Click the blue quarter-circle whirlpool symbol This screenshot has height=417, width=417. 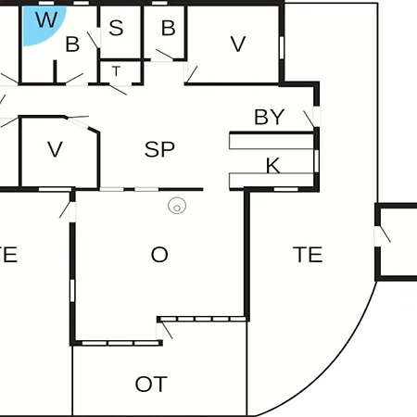pyautogui.click(x=40, y=23)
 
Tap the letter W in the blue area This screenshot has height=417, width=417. pyautogui.click(x=46, y=19)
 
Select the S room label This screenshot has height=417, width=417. pyautogui.click(x=116, y=28)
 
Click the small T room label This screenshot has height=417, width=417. pyautogui.click(x=116, y=71)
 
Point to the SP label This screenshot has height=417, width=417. pyautogui.click(x=159, y=149)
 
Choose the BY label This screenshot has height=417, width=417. pyautogui.click(x=269, y=117)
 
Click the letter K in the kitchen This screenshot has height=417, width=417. pyautogui.click(x=273, y=166)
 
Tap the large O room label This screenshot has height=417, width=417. pyautogui.click(x=159, y=255)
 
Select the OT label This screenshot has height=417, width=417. pyautogui.click(x=151, y=384)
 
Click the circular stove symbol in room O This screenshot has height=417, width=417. pyautogui.click(x=177, y=206)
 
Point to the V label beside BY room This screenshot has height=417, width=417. pyautogui.click(x=238, y=44)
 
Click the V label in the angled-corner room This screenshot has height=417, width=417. pyautogui.click(x=55, y=149)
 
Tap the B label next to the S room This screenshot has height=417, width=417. pyautogui.click(x=169, y=28)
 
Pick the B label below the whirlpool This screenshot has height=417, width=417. pyautogui.click(x=72, y=44)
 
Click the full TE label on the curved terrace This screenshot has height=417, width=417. pyautogui.click(x=308, y=255)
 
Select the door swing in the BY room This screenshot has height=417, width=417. pyautogui.click(x=309, y=120)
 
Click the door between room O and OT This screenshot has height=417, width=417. pyautogui.click(x=164, y=330)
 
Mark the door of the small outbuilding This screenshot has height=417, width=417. pyautogui.click(x=383, y=234)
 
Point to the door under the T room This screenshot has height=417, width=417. pyautogui.click(x=118, y=89)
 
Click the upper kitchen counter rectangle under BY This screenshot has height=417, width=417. pyautogui.click(x=272, y=141)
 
